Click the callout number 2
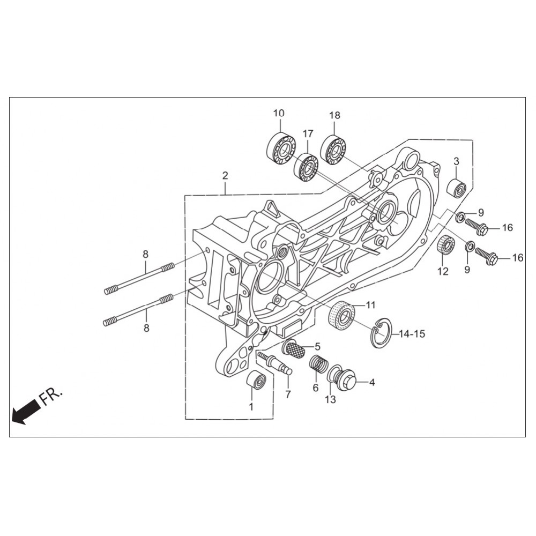[x=225, y=176]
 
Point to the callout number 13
[x=331, y=399]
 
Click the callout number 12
[x=443, y=271]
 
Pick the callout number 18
[x=335, y=115]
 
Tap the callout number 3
[x=456, y=161]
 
